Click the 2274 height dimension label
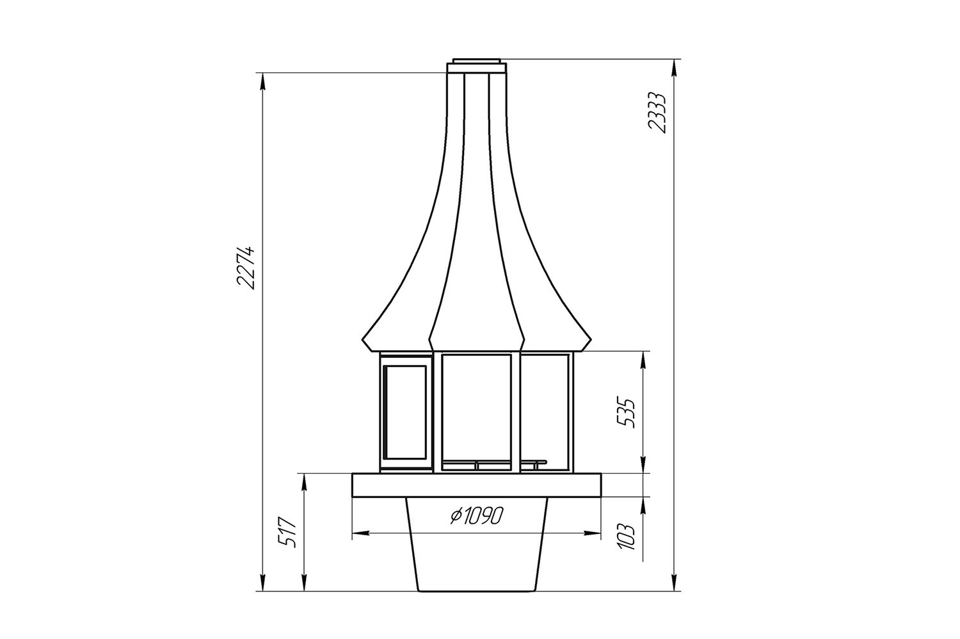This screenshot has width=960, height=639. [246, 268]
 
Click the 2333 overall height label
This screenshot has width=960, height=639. [657, 113]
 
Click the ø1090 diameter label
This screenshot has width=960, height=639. [476, 516]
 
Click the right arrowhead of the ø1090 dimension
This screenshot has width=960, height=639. [592, 533]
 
